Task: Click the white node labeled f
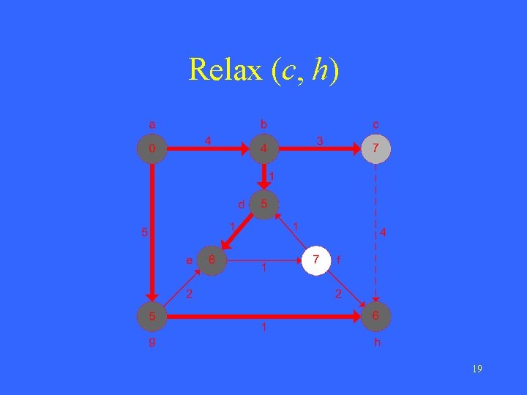tap(316, 260)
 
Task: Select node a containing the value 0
tap(152, 148)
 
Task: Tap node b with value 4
tap(264, 148)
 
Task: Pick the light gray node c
tap(376, 148)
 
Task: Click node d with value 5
tap(264, 204)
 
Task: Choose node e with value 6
tap(212, 260)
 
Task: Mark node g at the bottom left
tap(152, 317)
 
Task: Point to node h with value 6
tap(376, 317)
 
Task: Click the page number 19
tap(476, 369)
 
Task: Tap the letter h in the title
tap(320, 70)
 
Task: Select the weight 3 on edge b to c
tap(319, 139)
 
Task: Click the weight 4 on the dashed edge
tap(384, 233)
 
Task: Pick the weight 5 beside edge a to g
tap(144, 233)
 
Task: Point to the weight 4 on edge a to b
tap(208, 139)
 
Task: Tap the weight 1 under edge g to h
tap(264, 328)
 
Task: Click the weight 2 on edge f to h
tap(338, 294)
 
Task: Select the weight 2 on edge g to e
tap(189, 294)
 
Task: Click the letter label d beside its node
tap(240, 204)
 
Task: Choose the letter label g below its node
tap(152, 341)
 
